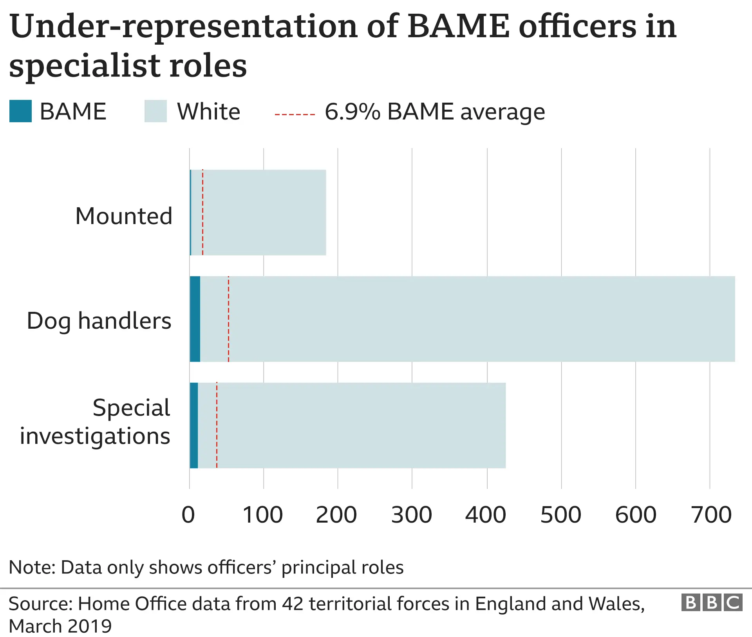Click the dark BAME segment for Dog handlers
pyautogui.click(x=195, y=319)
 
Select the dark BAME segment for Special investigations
pyautogui.click(x=194, y=425)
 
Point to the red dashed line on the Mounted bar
pyautogui.click(x=202, y=212)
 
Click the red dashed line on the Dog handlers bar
pyautogui.click(x=228, y=319)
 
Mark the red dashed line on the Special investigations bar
pyautogui.click(x=217, y=425)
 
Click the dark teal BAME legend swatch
pyautogui.click(x=20, y=111)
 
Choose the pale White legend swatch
pyautogui.click(x=155, y=111)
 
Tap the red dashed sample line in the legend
pyautogui.click(x=295, y=114)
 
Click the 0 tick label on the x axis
pyautogui.click(x=188, y=515)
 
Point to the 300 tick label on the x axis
pyautogui.click(x=411, y=515)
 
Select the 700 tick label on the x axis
pyautogui.click(x=711, y=515)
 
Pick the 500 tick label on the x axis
pyautogui.click(x=560, y=515)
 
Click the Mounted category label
pyautogui.click(x=124, y=216)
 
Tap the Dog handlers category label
pyautogui.click(x=99, y=321)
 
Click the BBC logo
pyautogui.click(x=712, y=603)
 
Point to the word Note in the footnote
pyautogui.click(x=32, y=567)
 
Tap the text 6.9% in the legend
pyautogui.click(x=352, y=112)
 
